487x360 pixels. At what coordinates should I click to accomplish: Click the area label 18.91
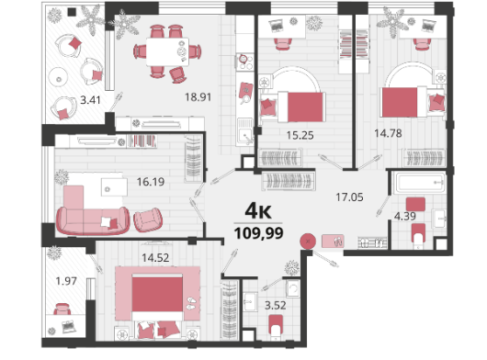(198, 97)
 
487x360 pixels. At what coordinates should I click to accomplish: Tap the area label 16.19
(151, 182)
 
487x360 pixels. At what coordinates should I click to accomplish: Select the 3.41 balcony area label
(90, 100)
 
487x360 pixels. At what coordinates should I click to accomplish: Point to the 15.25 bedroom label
(300, 135)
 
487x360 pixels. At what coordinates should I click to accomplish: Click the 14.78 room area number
(388, 133)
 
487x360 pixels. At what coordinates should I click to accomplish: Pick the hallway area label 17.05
(349, 197)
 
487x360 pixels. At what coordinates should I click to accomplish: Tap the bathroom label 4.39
(405, 216)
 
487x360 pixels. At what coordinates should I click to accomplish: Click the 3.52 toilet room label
(275, 306)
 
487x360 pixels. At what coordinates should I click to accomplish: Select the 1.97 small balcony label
(66, 281)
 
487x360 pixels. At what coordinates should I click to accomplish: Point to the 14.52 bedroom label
(155, 257)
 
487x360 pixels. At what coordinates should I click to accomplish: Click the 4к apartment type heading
(258, 211)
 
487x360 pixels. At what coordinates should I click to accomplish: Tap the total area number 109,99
(259, 233)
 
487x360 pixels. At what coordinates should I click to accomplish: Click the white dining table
(167, 51)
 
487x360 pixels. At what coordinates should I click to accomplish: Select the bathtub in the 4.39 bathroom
(419, 184)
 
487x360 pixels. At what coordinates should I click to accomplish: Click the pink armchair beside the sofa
(148, 220)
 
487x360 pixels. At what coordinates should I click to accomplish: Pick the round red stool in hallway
(308, 242)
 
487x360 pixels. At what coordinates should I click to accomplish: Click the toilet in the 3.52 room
(276, 327)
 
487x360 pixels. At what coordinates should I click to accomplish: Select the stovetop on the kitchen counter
(244, 62)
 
